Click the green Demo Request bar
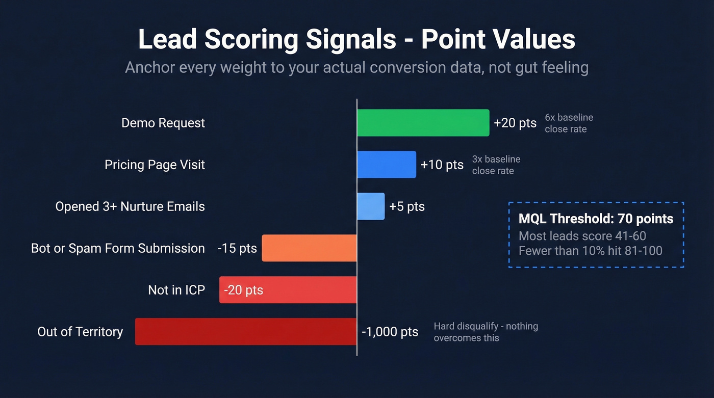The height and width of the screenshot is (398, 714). tap(423, 123)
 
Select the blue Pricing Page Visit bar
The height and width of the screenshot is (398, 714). tap(386, 165)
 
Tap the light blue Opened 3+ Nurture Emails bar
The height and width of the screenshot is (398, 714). tap(371, 206)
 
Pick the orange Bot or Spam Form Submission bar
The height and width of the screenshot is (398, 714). tap(309, 248)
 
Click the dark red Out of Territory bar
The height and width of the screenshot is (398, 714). tap(245, 332)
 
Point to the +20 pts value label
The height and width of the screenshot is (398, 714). tap(515, 123)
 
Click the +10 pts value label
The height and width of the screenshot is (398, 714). tap(442, 165)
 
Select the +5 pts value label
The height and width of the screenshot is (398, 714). tap(406, 207)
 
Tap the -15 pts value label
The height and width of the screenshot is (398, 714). tap(237, 249)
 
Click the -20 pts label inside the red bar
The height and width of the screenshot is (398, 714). tap(243, 290)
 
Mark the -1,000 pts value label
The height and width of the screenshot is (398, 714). tap(390, 332)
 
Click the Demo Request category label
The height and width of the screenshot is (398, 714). tap(163, 123)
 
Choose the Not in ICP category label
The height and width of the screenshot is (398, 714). tap(176, 290)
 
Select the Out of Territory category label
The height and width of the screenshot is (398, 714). tap(80, 332)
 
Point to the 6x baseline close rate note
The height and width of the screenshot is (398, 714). tap(568, 123)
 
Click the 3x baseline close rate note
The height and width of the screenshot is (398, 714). tap(496, 165)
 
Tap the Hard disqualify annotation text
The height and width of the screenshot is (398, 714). tap(486, 332)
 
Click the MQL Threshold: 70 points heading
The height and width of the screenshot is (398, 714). tap(596, 219)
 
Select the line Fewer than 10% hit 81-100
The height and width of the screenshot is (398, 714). tap(590, 251)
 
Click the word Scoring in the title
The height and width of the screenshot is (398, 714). tap(251, 40)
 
